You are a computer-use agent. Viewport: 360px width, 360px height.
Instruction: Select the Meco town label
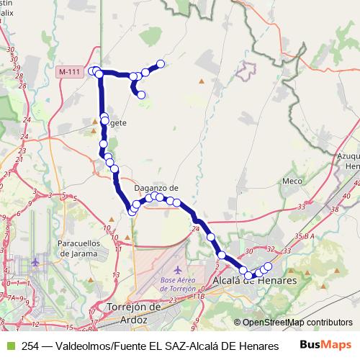pos(292,181)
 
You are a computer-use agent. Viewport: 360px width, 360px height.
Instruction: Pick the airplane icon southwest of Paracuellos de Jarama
pos(37,263)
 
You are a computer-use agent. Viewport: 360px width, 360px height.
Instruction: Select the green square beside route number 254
pos(9,346)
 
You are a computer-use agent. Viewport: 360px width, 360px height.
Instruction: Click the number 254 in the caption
pos(30,346)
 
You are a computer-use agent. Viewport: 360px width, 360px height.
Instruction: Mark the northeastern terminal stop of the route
pos(160,64)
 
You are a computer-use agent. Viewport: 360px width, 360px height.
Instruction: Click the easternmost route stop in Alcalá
pos(268,266)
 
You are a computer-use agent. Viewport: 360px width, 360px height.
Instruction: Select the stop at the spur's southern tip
pos(141,94)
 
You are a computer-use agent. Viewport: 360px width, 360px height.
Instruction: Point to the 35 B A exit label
pos(305,235)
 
